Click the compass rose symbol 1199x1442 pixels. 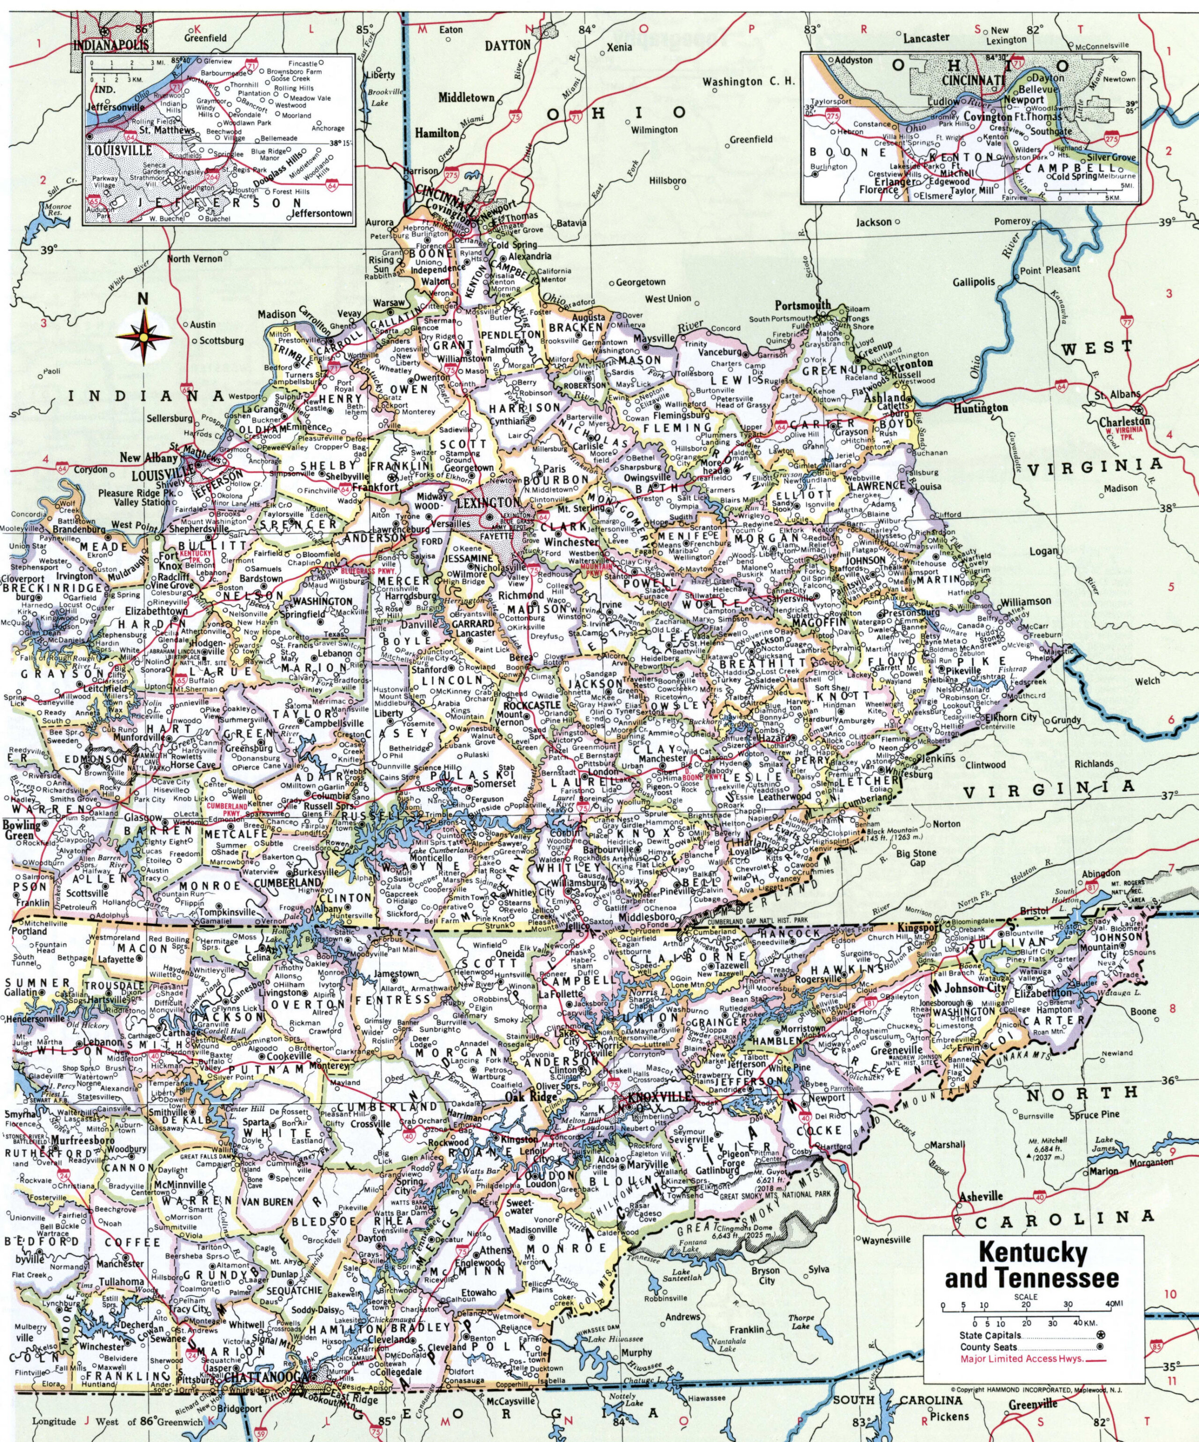pyautogui.click(x=143, y=336)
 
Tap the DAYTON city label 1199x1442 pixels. pyautogui.click(x=508, y=45)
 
